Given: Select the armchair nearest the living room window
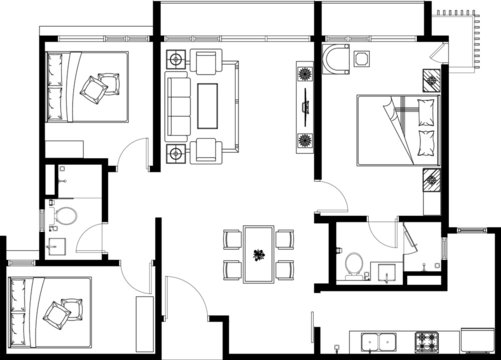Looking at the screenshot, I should point(208,62).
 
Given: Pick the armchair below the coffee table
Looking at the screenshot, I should point(208,151).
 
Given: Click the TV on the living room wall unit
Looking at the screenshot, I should point(302,106).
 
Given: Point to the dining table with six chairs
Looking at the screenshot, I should point(259,254).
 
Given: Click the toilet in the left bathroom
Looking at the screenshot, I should point(66,215).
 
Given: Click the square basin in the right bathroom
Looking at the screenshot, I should point(383,272).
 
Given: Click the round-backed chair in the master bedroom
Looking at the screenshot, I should point(335,60).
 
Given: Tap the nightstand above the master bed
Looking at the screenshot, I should point(433,79).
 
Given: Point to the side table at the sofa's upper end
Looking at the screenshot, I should point(176,59).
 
